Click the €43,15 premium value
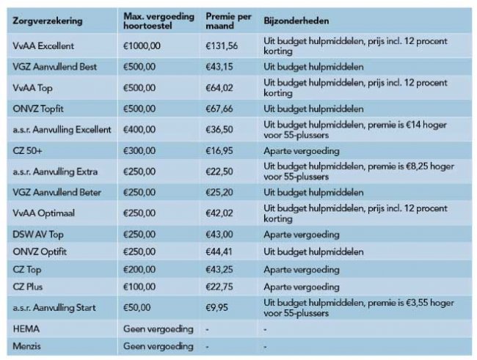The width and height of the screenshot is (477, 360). pyautogui.click(x=220, y=67)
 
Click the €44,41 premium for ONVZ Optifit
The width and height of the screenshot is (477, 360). pyautogui.click(x=220, y=251)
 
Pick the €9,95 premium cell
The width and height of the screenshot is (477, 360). pyautogui.click(x=218, y=308)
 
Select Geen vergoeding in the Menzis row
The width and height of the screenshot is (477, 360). pyautogui.click(x=158, y=346)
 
